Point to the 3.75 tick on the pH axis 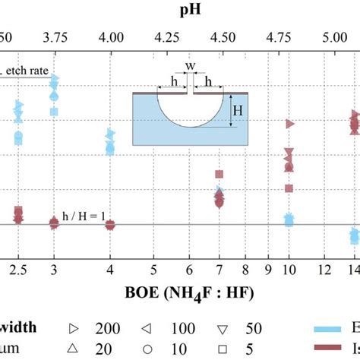[53, 36]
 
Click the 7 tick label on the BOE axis [219, 270]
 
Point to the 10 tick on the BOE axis [289, 270]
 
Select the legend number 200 [106, 328]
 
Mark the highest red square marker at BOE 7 [219, 175]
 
